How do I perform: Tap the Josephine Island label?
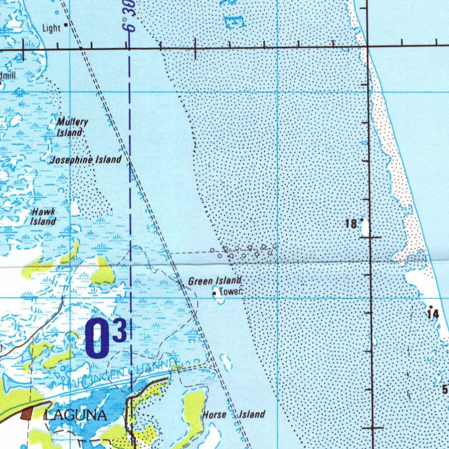(x=86, y=160)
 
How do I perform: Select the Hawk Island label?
(x=43, y=217)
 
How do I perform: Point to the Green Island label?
(x=215, y=281)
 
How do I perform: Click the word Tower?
(x=228, y=291)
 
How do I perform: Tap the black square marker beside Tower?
(x=214, y=292)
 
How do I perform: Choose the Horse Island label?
(x=234, y=414)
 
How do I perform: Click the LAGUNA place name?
(x=75, y=415)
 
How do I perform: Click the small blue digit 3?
(x=120, y=331)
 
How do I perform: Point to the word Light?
(x=51, y=29)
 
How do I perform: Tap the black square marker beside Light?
(x=66, y=25)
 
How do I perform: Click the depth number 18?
(x=351, y=224)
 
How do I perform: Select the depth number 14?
(x=433, y=314)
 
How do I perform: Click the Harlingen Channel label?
(x=118, y=373)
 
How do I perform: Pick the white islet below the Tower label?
(x=218, y=298)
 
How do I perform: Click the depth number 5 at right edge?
(x=445, y=389)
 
